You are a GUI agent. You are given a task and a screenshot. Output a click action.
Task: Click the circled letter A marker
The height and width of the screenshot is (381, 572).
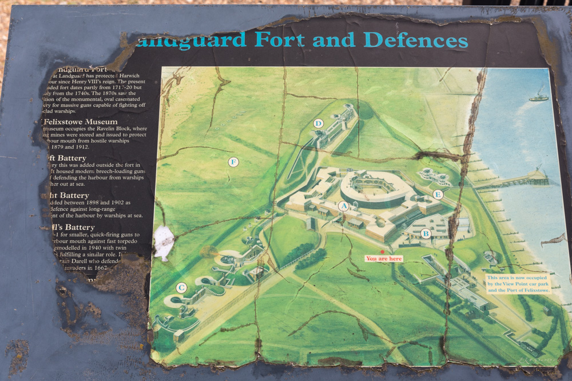coord(343,206)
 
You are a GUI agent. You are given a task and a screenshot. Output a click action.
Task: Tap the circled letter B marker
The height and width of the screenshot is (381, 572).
coord(426,233)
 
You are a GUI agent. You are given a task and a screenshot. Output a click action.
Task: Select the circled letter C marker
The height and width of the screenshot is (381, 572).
coord(181,288)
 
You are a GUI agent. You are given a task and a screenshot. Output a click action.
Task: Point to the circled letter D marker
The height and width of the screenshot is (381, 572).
coord(319,123)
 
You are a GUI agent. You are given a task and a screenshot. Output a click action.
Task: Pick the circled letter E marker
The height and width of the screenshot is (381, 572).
coord(438,194)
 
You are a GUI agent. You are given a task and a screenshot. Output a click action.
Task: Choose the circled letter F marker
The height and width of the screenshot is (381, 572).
coord(233,162)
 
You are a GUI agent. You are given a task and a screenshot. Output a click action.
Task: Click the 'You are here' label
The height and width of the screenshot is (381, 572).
coord(384,259)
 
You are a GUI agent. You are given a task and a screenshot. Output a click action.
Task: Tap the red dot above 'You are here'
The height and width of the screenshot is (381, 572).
coord(383,252)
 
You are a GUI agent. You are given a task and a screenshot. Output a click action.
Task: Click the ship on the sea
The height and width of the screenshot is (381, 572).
coord(538,97)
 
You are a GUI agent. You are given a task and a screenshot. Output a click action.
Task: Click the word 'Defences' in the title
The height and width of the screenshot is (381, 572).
coord(416,40)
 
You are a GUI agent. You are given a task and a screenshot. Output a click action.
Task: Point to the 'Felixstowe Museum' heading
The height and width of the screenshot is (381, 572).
coord(81,122)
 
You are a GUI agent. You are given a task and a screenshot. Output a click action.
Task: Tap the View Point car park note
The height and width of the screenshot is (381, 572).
coord(518,283)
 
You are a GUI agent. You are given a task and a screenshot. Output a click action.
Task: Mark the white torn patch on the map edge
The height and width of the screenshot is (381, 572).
coord(164,242)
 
